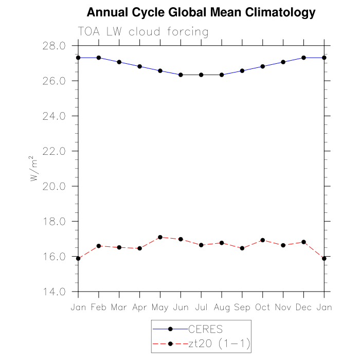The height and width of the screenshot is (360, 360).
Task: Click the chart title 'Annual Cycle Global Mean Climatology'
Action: (x=201, y=12)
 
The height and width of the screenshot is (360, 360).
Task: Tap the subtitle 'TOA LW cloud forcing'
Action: (x=143, y=32)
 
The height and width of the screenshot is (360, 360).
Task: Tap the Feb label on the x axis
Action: (x=98, y=307)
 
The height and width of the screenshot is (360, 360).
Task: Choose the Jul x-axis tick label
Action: (x=201, y=307)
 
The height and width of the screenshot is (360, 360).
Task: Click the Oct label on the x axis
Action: (x=262, y=307)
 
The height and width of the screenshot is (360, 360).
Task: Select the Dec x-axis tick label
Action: (x=303, y=307)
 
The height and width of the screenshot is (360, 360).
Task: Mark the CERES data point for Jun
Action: (x=181, y=75)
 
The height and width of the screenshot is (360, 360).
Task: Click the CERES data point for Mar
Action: (x=119, y=62)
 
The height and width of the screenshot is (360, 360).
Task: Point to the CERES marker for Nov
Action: (x=283, y=62)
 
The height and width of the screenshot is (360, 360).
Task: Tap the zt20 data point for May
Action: (x=160, y=237)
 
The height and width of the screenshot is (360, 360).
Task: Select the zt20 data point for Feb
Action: (x=98, y=246)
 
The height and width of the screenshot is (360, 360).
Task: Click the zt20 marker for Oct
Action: (x=262, y=240)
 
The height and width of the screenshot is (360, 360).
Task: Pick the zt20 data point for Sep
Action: (x=242, y=248)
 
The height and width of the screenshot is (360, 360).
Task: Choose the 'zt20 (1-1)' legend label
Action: (x=219, y=344)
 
